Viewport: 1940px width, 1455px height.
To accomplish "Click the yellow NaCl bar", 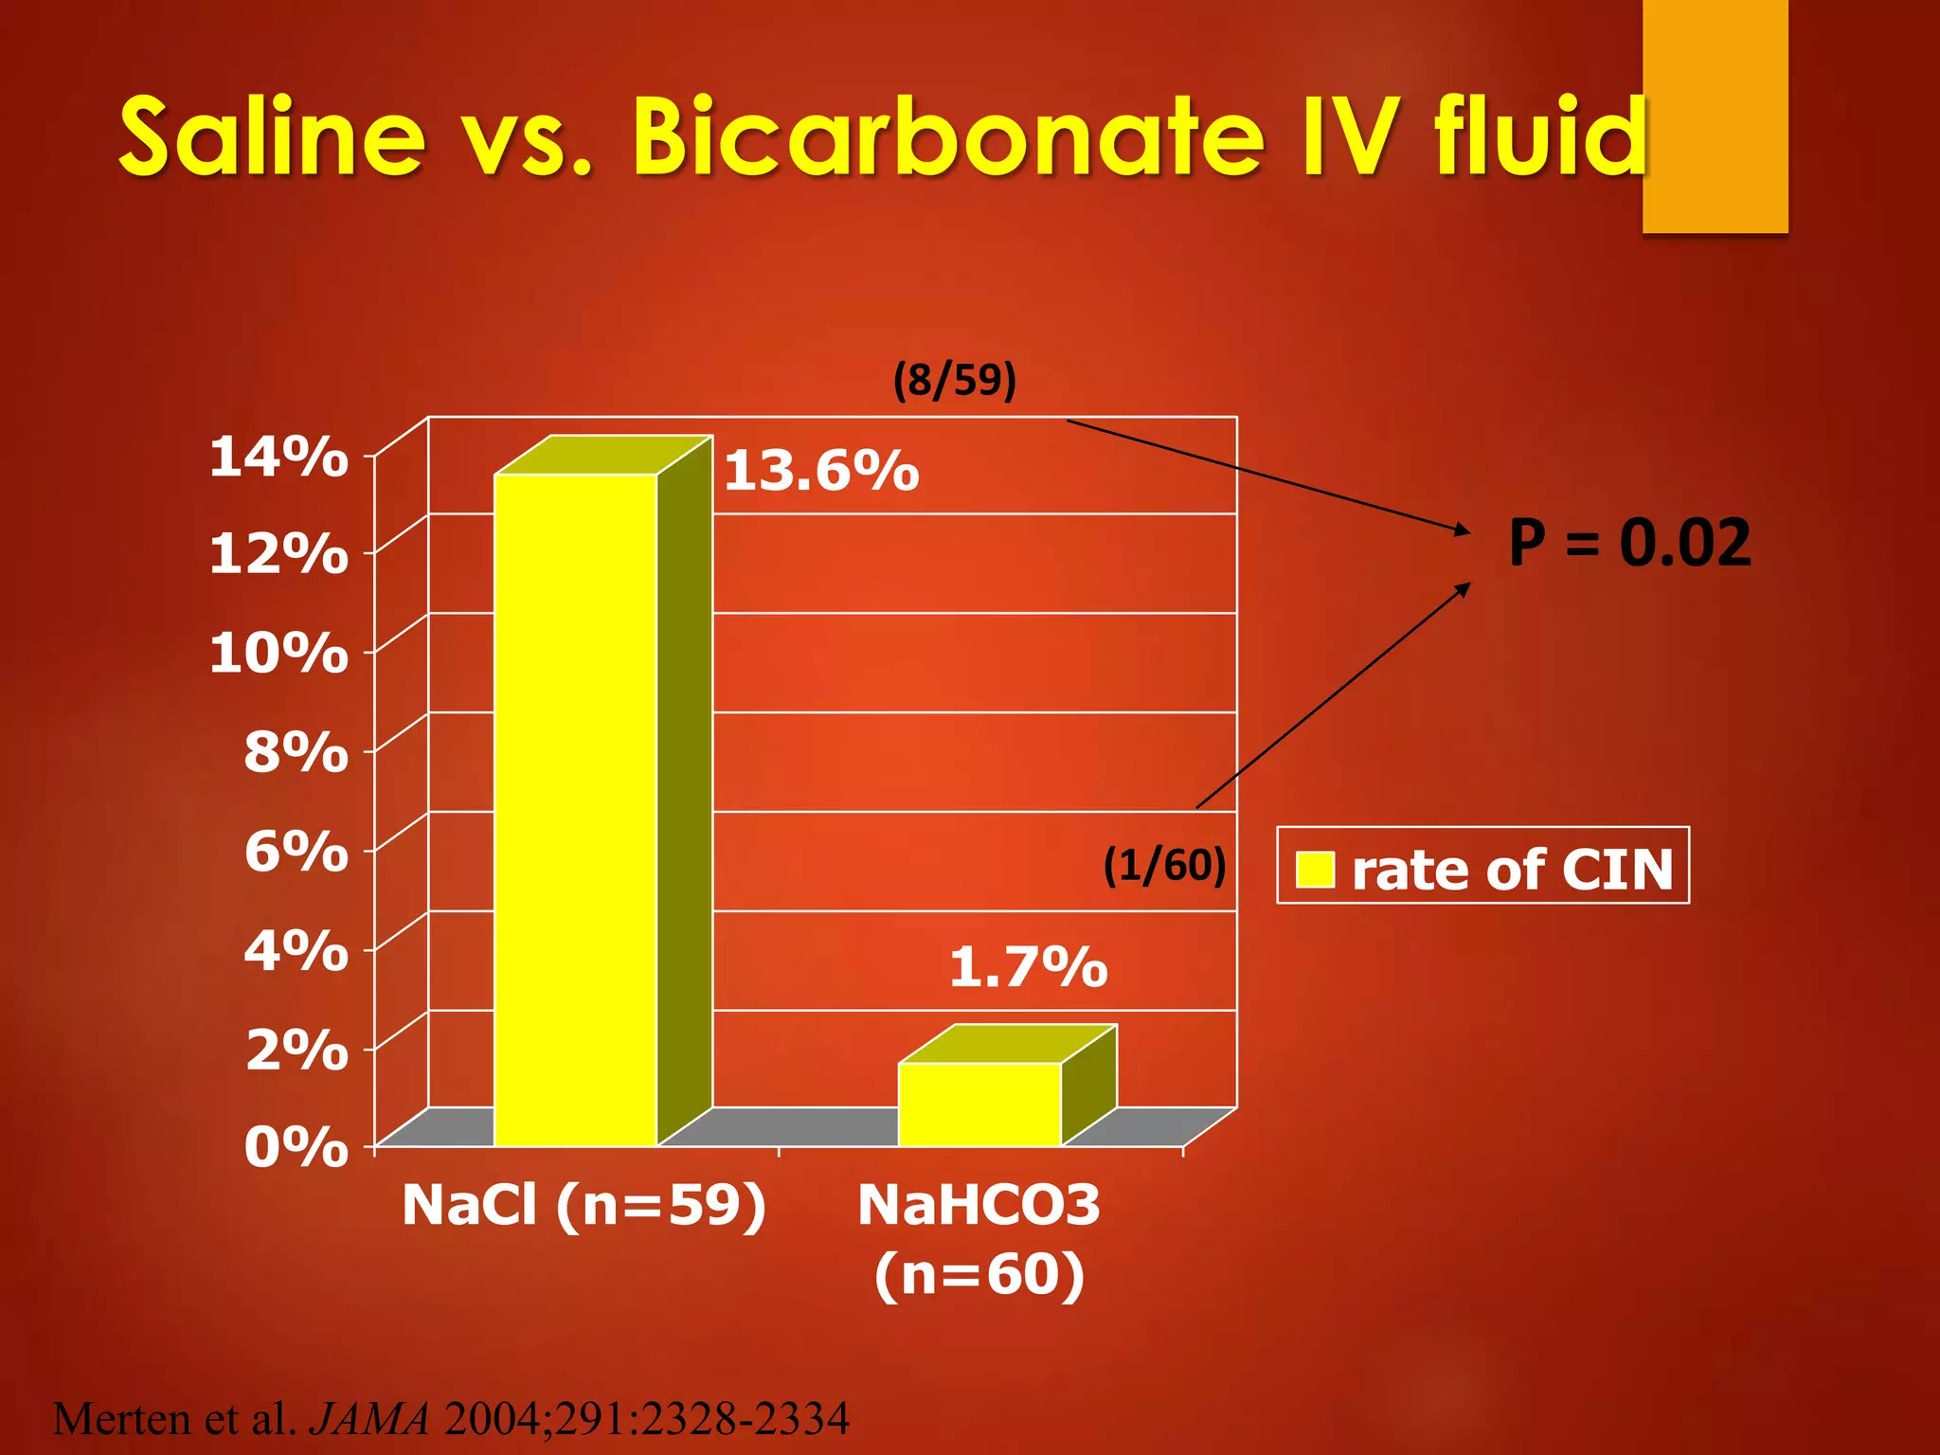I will point(576,810).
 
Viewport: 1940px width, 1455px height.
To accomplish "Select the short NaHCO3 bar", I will point(979,1105).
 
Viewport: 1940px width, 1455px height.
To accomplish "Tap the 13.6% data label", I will point(821,471).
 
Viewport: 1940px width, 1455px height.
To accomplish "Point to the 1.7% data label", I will point(1028,967).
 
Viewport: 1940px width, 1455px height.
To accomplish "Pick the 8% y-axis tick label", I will point(296,753).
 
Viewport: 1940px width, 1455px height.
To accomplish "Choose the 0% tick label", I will point(296,1148).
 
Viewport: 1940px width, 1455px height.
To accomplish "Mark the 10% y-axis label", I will point(278,654).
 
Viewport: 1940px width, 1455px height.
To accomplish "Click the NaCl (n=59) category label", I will point(584,1206).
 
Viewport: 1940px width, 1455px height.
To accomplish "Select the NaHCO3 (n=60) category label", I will point(979,1239).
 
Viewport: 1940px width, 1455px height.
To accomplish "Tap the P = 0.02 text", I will point(1629,543).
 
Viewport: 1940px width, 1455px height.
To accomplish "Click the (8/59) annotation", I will point(954,380).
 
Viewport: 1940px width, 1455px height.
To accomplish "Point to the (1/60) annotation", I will point(1164,865).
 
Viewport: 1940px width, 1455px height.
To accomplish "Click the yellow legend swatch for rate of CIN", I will point(1315,870).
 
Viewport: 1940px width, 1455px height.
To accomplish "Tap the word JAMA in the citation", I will point(370,1419).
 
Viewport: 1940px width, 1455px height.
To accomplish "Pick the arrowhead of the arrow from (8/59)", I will point(1463,530).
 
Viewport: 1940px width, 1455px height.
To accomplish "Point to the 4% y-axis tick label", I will point(296,950).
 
